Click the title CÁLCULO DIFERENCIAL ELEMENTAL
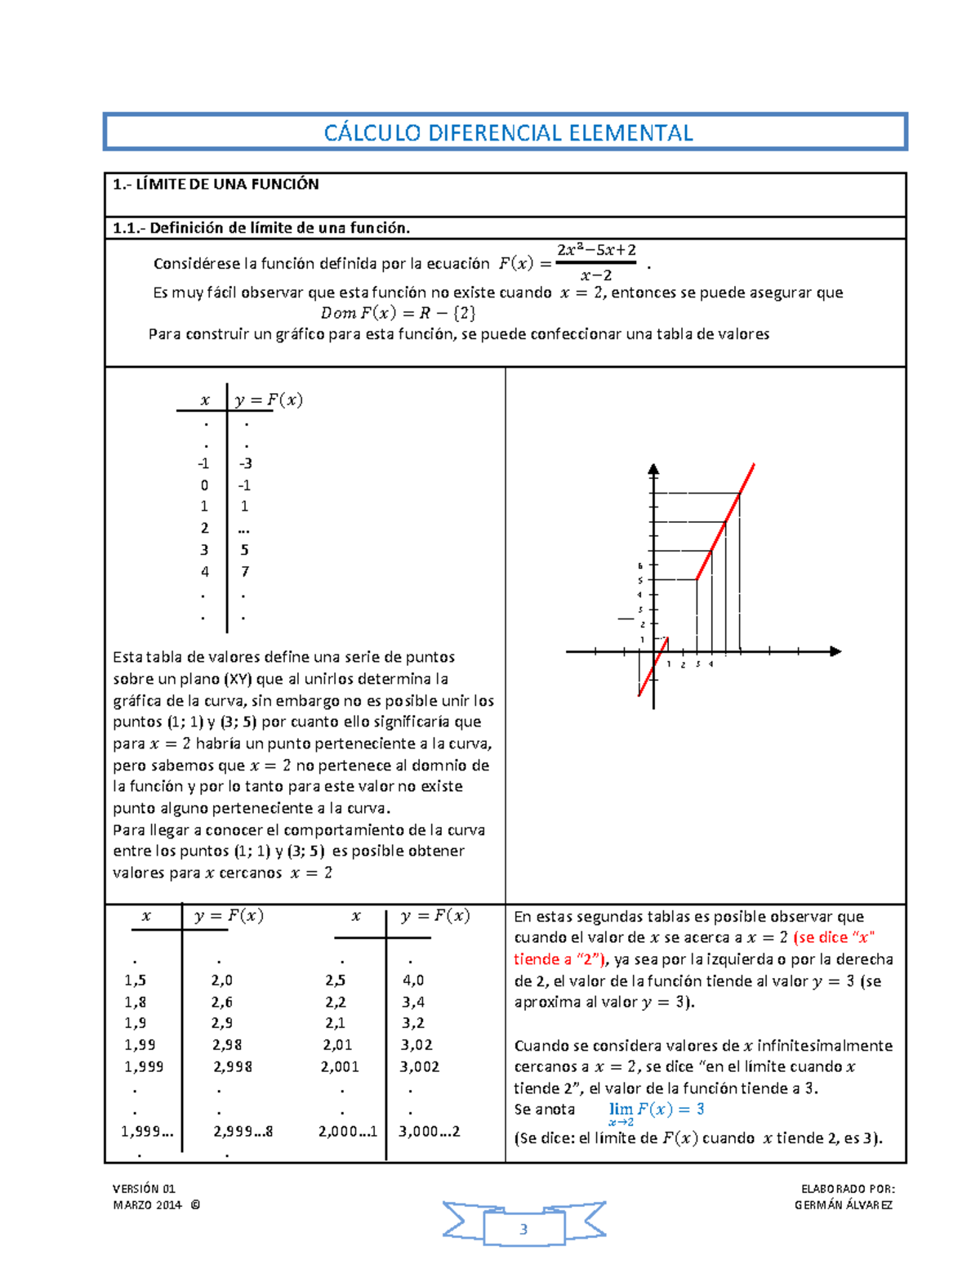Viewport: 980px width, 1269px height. pos(507,133)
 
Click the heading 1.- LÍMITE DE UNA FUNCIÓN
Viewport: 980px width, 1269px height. pos(216,185)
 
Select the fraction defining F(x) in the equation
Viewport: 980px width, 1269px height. pos(595,262)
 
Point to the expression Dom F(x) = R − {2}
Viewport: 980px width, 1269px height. pos(398,313)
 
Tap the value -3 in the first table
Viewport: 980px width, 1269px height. pos(245,463)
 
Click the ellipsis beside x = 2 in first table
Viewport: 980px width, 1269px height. pos(243,529)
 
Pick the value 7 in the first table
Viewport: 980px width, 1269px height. pos(244,572)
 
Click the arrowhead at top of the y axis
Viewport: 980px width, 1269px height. pos(653,469)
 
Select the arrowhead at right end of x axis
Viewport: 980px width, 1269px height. pos(835,651)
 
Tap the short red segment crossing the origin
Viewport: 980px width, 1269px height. pos(653,666)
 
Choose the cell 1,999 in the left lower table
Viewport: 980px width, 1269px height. pos(144,1067)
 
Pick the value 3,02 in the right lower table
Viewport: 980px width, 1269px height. pos(416,1045)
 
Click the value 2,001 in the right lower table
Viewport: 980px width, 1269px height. pos(340,1067)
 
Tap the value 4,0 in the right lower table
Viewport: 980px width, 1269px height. pos(413,981)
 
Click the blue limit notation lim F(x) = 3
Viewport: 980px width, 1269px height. pos(656,1110)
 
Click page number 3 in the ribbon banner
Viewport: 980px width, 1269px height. pos(523,1229)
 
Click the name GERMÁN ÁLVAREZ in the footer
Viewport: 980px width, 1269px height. pos(844,1205)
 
